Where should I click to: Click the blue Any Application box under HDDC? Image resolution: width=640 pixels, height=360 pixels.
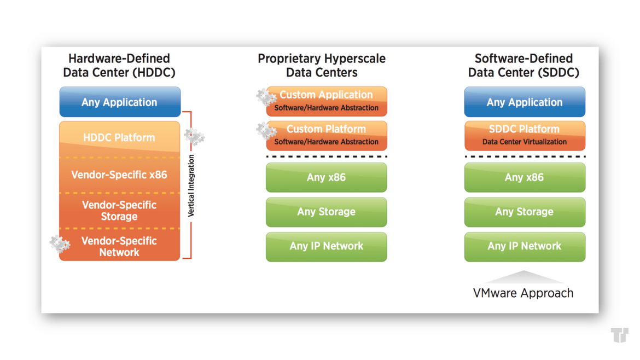pos(120,102)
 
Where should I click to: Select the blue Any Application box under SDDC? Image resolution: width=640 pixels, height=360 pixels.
pos(525,102)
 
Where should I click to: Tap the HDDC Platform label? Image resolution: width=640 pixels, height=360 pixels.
pos(119,137)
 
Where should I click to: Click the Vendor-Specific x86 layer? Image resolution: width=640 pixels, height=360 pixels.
pos(119,175)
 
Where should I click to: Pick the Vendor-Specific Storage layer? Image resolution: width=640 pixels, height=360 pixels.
pos(119,211)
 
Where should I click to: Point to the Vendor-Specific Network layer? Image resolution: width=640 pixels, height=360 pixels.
pos(119,245)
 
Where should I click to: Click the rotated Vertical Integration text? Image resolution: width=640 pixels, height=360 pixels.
pos(191,185)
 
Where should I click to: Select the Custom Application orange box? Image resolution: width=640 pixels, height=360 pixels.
pos(327,101)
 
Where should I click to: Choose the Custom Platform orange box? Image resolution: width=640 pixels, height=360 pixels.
pos(327,136)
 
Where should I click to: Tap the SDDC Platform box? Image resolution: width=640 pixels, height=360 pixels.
pos(525,136)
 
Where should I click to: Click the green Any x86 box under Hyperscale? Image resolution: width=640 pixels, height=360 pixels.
pos(327,178)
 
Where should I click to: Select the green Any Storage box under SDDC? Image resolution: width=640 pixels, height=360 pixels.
pos(525,212)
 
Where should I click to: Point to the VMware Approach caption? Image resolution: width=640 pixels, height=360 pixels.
pos(523,293)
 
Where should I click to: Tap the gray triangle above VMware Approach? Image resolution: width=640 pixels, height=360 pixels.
pos(523,277)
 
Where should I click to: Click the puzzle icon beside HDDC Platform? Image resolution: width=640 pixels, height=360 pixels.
pos(194,137)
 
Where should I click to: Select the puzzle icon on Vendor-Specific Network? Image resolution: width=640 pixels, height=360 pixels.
pos(60,244)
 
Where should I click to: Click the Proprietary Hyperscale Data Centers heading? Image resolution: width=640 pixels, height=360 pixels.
pos(322,65)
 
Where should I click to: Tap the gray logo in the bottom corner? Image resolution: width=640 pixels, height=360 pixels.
pos(620,335)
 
